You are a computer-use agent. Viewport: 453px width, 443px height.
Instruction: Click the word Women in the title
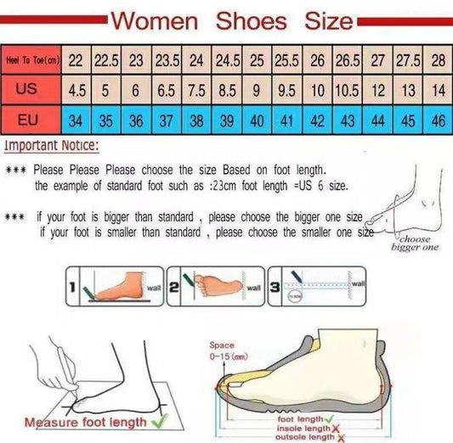point(155,20)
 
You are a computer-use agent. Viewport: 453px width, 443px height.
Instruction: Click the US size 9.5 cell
point(287,89)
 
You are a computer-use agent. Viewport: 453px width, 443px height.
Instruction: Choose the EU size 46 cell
point(438,120)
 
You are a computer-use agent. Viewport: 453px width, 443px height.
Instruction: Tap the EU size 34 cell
point(76,120)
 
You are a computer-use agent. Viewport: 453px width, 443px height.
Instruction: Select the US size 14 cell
point(438,89)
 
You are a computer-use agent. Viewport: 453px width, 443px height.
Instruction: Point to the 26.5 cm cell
point(348,61)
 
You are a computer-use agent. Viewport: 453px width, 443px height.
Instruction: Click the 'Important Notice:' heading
point(51,146)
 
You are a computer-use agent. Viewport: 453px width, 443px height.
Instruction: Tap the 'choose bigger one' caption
point(414,243)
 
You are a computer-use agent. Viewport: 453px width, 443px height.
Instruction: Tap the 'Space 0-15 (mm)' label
point(224,351)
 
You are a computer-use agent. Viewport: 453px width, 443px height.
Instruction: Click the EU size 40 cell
point(257,120)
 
